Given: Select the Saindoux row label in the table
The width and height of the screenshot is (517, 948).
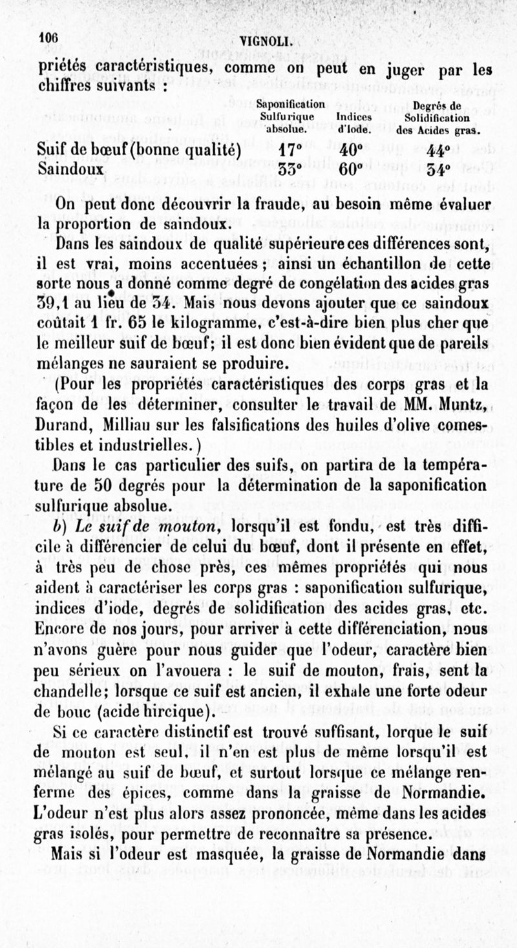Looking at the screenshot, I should click(x=71, y=170).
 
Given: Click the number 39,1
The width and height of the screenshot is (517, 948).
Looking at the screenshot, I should click(x=56, y=302).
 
